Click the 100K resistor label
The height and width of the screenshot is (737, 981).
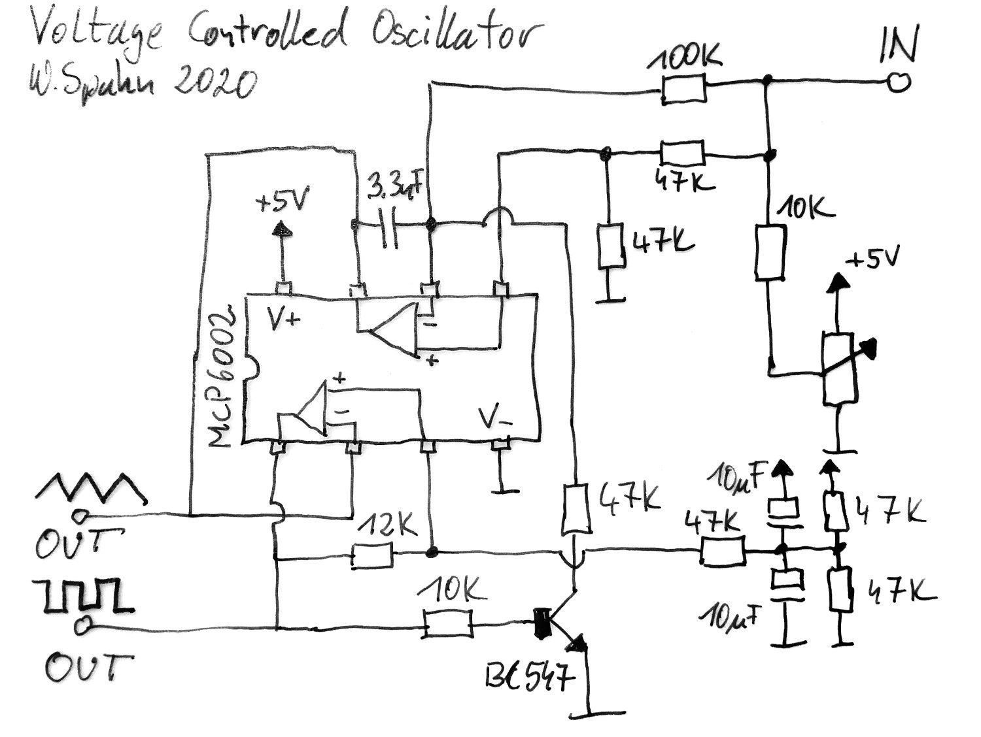[x=685, y=61]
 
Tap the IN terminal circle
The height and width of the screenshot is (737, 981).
[x=899, y=82]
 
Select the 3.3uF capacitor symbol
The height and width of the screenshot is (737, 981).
[x=390, y=225]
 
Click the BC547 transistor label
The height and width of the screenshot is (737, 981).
[x=530, y=677]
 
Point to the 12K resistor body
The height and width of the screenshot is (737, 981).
[x=372, y=555]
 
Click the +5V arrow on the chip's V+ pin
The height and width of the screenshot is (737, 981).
[x=283, y=229]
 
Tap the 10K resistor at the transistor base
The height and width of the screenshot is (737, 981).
[x=447, y=624]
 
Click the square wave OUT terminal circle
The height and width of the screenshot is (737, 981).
[x=82, y=627]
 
